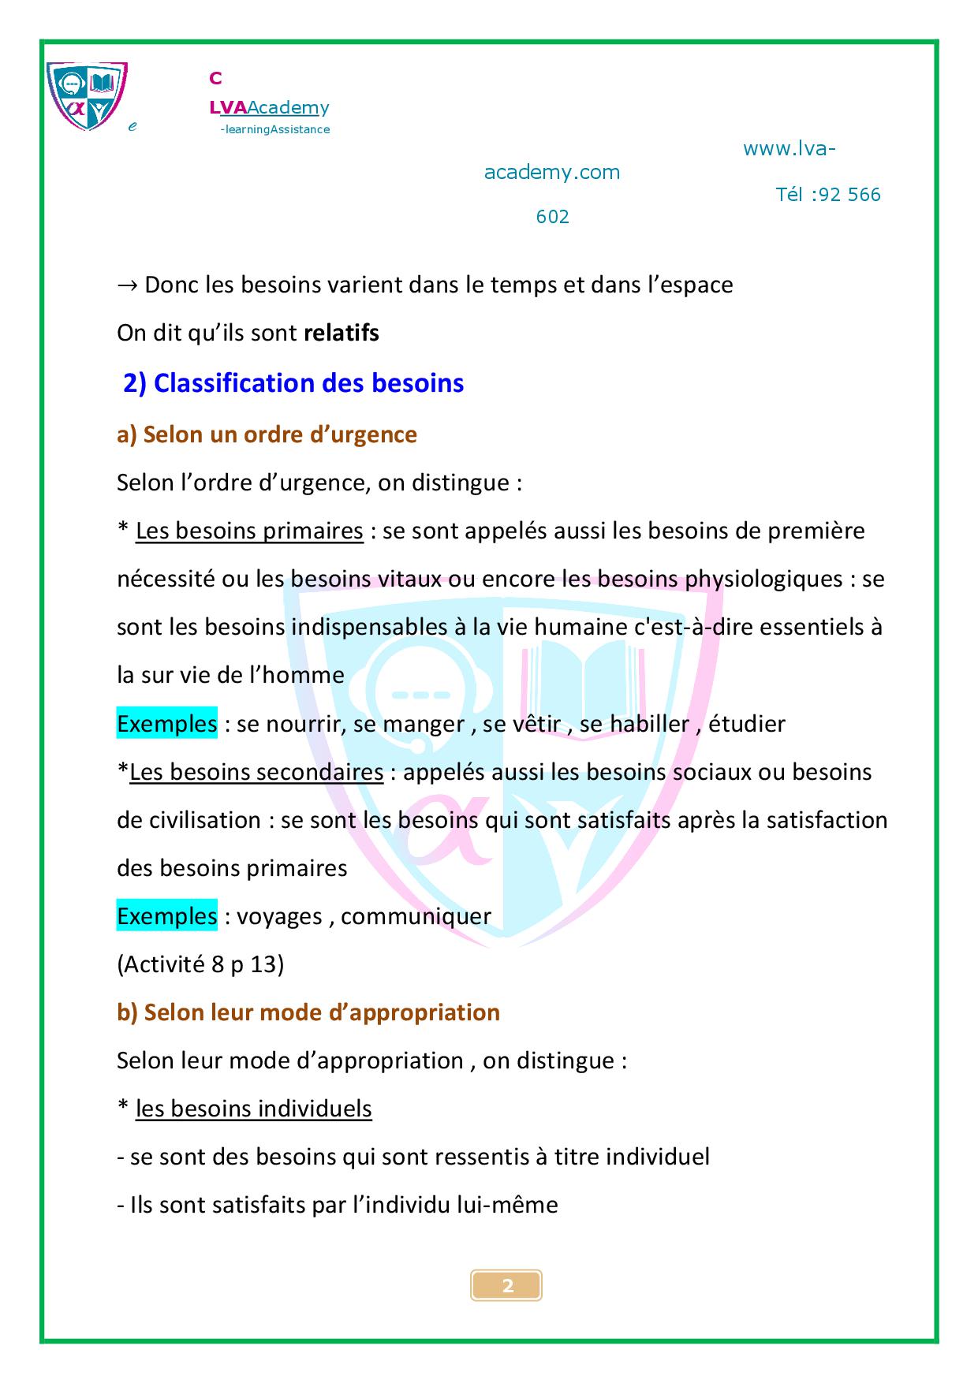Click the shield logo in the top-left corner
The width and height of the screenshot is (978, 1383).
87,95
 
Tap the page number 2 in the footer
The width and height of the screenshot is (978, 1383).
507,1286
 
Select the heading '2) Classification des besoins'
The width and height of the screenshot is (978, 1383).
293,383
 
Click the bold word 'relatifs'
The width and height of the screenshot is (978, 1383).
342,333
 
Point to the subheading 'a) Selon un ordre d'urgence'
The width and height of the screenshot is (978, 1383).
267,434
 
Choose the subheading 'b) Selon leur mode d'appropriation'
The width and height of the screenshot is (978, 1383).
308,1012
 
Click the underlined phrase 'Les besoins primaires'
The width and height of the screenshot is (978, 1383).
249,531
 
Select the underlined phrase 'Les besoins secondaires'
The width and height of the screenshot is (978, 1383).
256,771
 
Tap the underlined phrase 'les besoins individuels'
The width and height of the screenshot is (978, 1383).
253,1109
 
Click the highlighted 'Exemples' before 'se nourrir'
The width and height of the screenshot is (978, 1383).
166,723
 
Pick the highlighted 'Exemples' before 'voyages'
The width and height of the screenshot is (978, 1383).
166,916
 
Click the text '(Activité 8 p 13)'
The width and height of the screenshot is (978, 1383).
200,964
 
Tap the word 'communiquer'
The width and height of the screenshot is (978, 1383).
416,916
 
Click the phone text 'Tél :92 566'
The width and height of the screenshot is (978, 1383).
827,195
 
